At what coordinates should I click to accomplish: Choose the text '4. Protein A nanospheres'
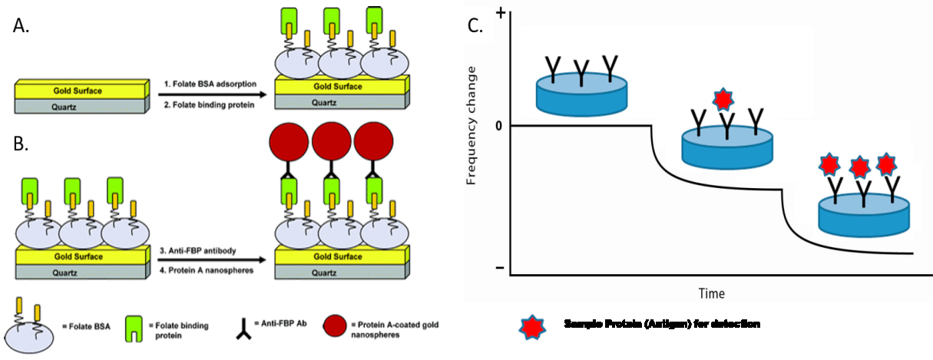pyautogui.click(x=208, y=270)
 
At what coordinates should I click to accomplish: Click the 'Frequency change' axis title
pyautogui.click(x=472, y=126)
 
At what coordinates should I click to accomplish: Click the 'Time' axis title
pyautogui.click(x=711, y=293)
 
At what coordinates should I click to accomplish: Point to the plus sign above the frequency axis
pyautogui.click(x=500, y=14)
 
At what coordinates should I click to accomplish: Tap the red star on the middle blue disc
pyautogui.click(x=723, y=98)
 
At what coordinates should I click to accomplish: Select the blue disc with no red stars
pyautogui.click(x=582, y=93)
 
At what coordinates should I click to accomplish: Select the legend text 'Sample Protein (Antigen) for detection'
pyautogui.click(x=662, y=325)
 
